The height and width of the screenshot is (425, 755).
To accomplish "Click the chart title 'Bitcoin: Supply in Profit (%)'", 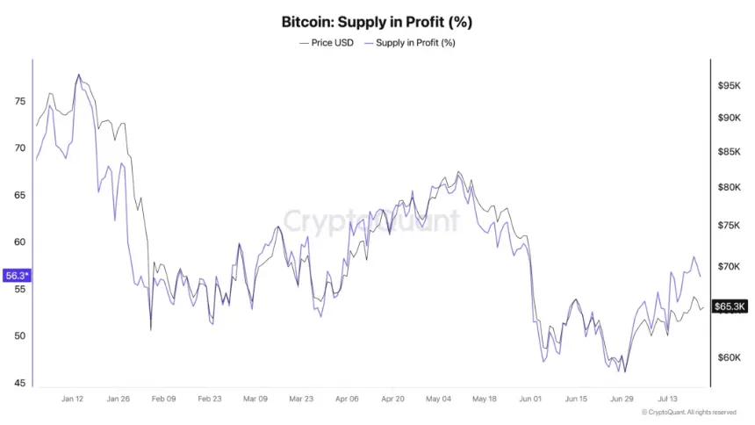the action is coord(377,22).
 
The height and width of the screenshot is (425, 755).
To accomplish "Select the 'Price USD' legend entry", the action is coord(327,43).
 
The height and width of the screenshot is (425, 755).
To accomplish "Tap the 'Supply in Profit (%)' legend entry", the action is coord(410,43).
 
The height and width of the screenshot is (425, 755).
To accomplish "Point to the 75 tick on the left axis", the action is coord(20,101).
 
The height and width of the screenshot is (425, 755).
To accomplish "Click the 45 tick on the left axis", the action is coord(20,383).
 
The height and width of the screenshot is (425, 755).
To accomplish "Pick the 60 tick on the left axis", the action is coord(20,241).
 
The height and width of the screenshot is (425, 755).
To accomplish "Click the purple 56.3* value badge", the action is coord(17,276).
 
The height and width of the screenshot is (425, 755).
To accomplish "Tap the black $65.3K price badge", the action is coord(730,306).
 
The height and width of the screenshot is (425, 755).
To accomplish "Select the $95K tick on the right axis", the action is coord(729,86).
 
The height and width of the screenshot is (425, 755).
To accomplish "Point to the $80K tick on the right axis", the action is coord(729,187).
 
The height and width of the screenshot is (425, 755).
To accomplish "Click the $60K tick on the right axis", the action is coord(729,357).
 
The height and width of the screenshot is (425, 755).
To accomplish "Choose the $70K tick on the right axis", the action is coord(729,266).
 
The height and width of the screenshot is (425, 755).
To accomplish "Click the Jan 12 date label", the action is coord(72,399).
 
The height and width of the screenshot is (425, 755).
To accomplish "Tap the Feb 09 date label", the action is coord(163,399).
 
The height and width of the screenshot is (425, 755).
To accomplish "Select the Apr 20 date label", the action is coord(393,399).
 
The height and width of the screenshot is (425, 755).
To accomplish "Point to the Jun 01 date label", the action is coord(530,399).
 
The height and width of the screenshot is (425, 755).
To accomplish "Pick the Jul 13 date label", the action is coord(667,399).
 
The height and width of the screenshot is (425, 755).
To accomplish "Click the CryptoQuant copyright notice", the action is coord(689,413).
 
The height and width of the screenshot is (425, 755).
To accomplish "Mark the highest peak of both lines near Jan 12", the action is coord(79,75).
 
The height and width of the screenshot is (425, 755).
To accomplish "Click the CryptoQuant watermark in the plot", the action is coord(370,221).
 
